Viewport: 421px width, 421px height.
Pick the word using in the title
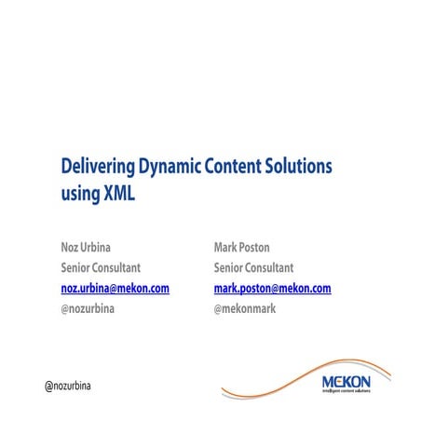(80, 195)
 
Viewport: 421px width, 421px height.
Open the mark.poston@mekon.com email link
(272, 288)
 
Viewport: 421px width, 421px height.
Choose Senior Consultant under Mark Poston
(253, 267)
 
